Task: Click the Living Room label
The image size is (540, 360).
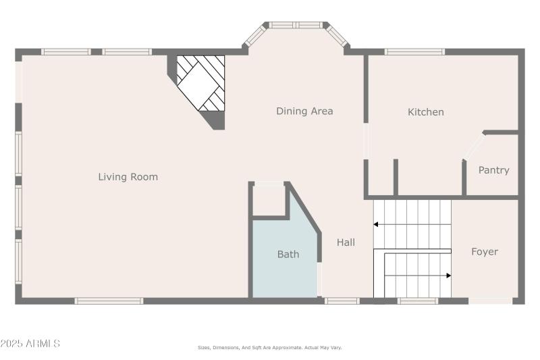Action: (x=128, y=177)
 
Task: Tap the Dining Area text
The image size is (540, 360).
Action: (x=304, y=111)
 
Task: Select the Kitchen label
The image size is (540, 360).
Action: (x=426, y=112)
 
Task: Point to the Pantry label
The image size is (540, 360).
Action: (x=493, y=170)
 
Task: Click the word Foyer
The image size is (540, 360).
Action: (x=484, y=252)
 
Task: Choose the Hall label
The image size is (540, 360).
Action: (x=346, y=242)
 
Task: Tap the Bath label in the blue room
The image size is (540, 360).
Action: (x=288, y=255)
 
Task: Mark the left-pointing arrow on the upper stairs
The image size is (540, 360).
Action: (x=376, y=224)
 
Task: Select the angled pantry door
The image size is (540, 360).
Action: (x=474, y=146)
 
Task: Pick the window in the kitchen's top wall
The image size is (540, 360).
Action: (x=414, y=51)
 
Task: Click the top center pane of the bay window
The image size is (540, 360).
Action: (x=296, y=25)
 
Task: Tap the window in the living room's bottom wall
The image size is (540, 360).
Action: (x=109, y=301)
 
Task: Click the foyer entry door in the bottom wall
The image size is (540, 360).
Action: (x=490, y=301)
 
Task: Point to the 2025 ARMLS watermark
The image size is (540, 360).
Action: (x=30, y=344)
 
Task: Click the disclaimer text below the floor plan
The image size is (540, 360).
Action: (x=269, y=347)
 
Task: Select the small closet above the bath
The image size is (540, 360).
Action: (x=269, y=200)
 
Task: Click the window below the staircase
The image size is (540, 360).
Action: (x=417, y=301)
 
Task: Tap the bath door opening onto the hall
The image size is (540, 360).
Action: (x=319, y=279)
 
